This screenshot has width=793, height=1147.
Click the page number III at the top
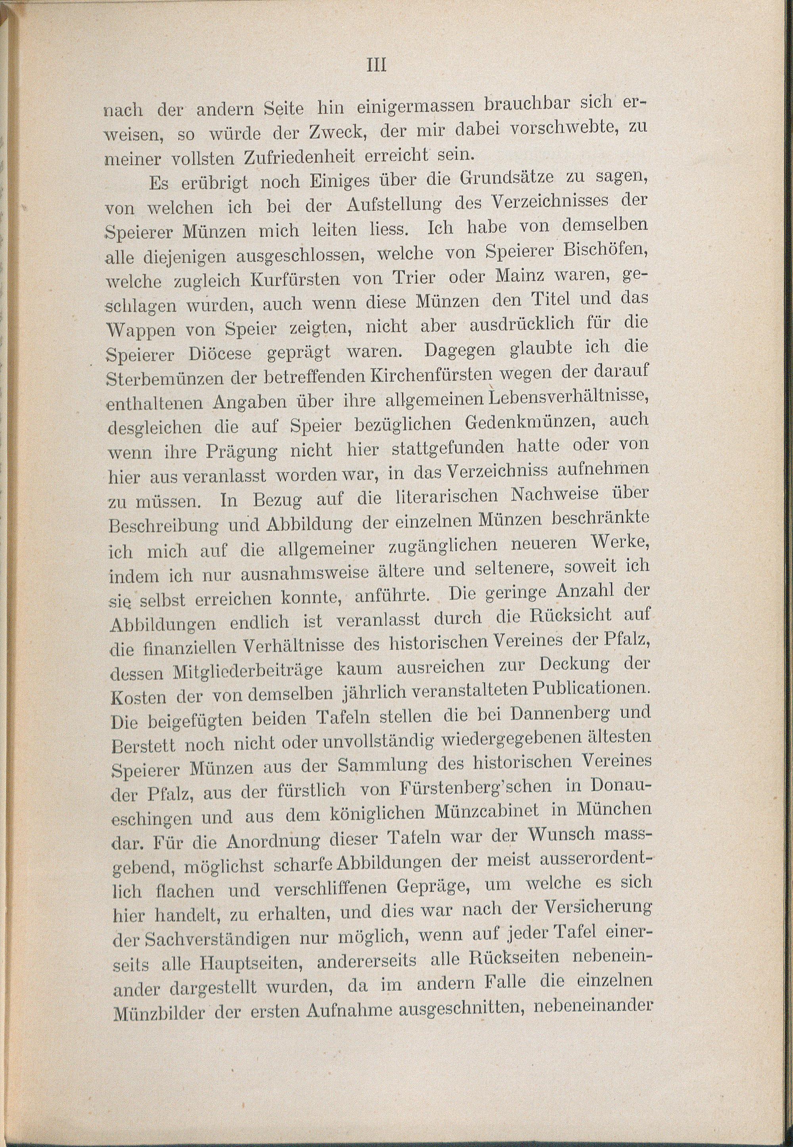coord(376,65)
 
